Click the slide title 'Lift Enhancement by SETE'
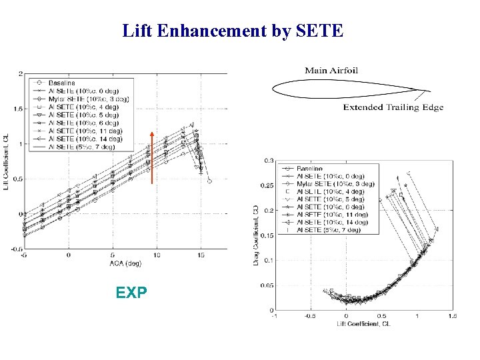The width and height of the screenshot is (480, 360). (x=233, y=30)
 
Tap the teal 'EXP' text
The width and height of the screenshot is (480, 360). (x=131, y=292)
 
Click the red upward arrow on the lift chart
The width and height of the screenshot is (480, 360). (x=152, y=157)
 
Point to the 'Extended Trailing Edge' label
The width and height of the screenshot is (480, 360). (x=393, y=107)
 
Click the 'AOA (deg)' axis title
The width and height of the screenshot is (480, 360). (x=126, y=263)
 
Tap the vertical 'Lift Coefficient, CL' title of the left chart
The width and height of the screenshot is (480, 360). (x=7, y=161)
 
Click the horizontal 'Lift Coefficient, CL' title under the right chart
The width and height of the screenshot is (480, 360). (x=363, y=324)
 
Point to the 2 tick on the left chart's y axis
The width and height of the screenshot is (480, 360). (x=21, y=73)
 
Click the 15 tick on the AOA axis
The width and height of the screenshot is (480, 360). (x=201, y=255)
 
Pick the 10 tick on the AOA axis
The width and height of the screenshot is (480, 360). (x=157, y=255)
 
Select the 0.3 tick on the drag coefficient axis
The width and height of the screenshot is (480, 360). (x=269, y=161)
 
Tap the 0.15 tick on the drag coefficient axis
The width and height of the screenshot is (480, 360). (x=267, y=235)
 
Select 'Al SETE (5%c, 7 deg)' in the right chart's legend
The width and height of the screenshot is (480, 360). (x=331, y=229)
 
